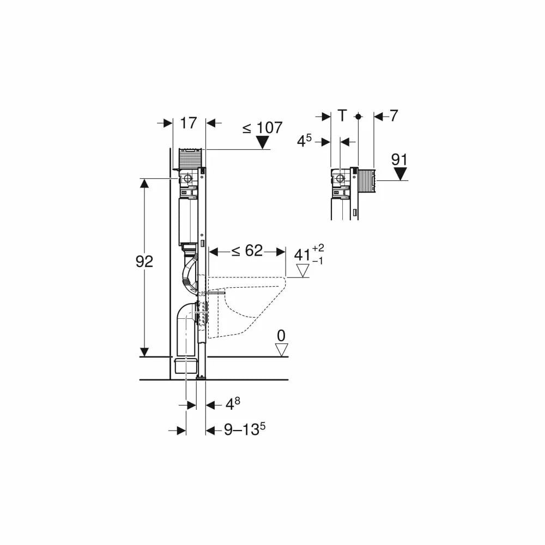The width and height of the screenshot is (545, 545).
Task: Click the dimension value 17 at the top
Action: (189, 123)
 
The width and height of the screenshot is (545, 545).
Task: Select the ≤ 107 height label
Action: (263, 128)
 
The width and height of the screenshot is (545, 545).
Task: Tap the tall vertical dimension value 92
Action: (144, 262)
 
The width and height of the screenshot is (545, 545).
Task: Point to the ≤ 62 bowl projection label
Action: (247, 251)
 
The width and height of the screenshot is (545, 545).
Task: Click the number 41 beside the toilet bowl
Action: (302, 255)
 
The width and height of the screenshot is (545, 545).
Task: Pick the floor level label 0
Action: (281, 336)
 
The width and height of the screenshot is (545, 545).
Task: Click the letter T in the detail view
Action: (343, 116)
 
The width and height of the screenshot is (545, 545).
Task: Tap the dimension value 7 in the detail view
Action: (393, 116)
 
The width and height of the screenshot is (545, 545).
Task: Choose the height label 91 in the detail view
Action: (399, 160)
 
